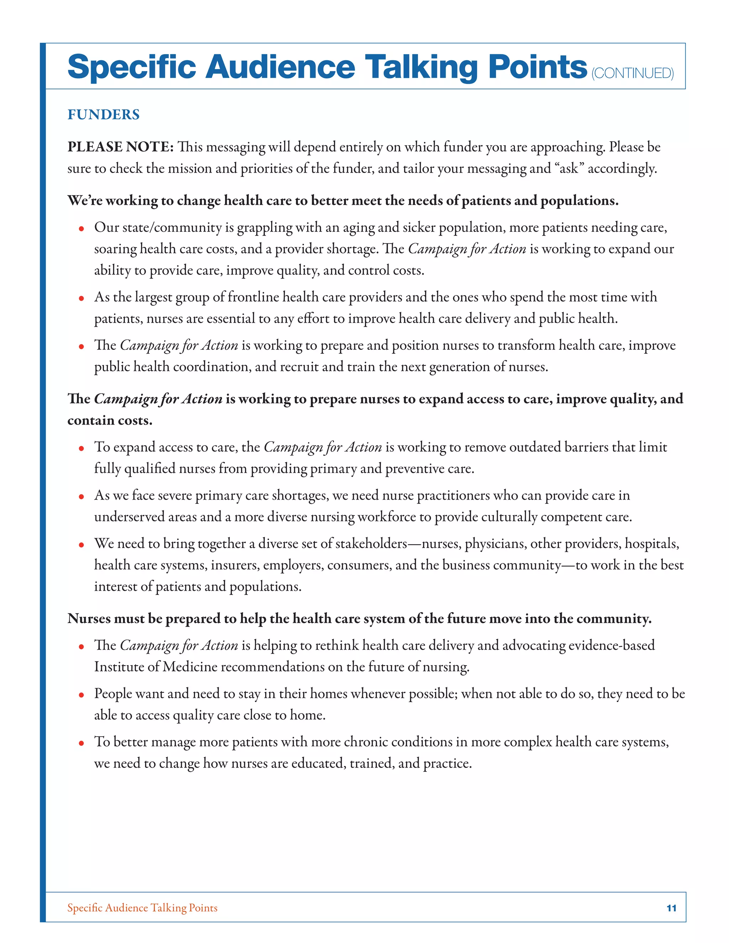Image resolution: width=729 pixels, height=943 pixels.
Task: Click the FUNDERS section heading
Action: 103,115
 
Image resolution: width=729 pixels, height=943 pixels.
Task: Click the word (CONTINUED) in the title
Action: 632,73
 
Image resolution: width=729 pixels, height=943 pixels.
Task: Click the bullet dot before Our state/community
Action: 81,229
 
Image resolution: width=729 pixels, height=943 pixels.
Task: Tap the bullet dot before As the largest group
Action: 81,298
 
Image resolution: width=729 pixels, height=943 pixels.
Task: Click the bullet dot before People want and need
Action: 81,695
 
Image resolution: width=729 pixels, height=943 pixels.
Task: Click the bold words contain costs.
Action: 110,420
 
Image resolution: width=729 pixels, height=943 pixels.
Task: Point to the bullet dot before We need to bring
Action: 81,545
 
